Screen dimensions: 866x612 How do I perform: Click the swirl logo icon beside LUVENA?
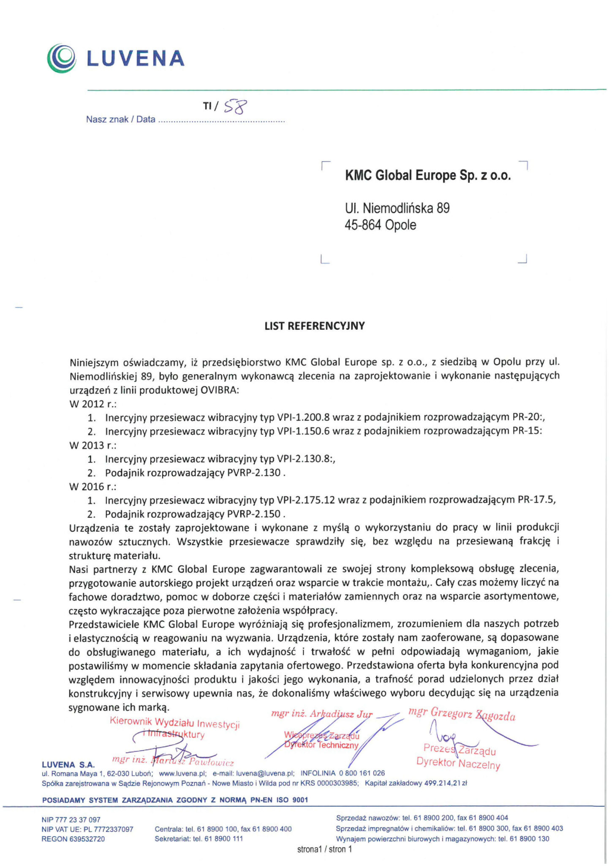tap(62, 58)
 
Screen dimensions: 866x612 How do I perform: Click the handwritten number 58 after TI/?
tap(235, 107)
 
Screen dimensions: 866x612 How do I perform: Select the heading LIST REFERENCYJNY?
tap(315, 326)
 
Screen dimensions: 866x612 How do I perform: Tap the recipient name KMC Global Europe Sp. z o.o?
tap(428, 175)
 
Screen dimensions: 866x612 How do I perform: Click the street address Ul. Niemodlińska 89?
tap(397, 208)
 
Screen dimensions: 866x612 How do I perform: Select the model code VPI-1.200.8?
tap(303, 417)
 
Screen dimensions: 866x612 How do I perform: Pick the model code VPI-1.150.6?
tap(303, 431)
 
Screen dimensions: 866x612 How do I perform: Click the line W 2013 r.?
tap(93, 445)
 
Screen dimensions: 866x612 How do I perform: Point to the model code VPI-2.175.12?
tap(306, 500)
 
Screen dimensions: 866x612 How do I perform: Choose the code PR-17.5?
tap(536, 500)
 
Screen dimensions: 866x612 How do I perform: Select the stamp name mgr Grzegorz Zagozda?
tap(462, 714)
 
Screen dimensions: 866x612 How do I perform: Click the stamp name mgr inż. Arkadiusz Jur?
tap(322, 714)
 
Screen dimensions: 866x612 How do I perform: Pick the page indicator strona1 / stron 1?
tap(324, 849)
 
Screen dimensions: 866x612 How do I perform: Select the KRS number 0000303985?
tap(335, 784)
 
